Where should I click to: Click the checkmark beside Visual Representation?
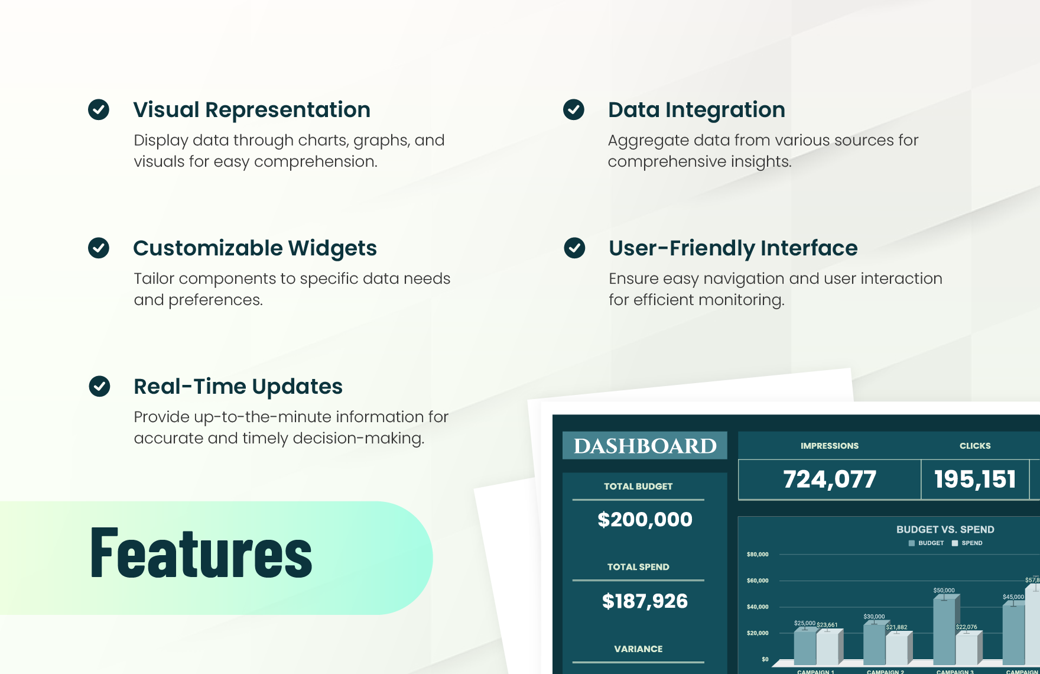tap(99, 109)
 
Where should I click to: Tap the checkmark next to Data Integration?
tap(574, 109)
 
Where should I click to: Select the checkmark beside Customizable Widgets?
tap(99, 248)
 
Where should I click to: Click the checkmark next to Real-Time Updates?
tap(99, 386)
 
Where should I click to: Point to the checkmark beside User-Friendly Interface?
tap(574, 248)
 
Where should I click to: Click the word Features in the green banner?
tap(201, 553)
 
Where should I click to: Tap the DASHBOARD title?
tap(645, 446)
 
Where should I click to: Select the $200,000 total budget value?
tap(645, 520)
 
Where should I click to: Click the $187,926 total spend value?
tap(645, 601)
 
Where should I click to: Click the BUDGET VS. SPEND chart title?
tap(945, 529)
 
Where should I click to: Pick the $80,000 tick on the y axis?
tap(758, 555)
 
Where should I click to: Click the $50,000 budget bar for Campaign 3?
tap(944, 630)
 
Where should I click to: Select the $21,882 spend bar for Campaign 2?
tap(896, 648)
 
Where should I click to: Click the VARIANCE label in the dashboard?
tap(638, 649)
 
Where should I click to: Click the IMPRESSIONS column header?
tap(830, 446)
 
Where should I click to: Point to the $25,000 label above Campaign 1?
tap(804, 623)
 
